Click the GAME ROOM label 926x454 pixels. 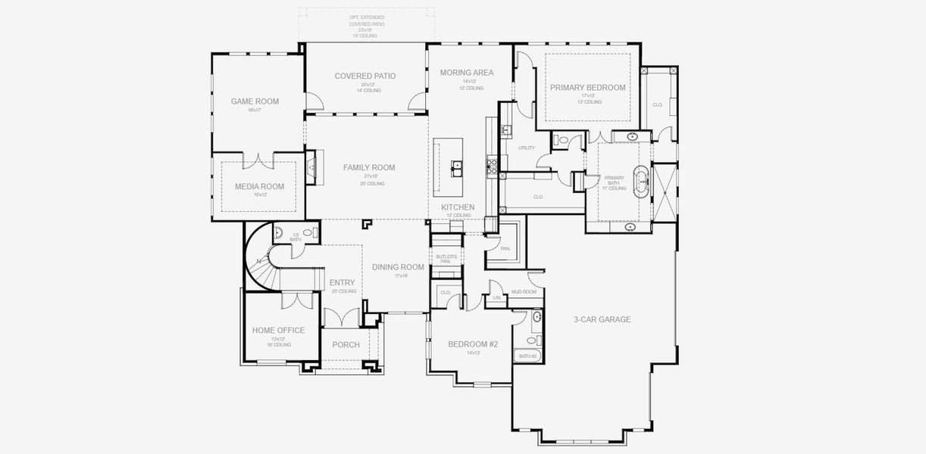coord(255,101)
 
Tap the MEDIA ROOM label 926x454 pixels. coord(259,186)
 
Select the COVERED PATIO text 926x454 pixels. coord(365,76)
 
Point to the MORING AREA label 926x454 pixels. coord(467,73)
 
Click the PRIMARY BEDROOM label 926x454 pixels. coord(588,88)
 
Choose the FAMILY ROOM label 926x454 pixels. coord(369,168)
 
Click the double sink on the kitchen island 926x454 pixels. coord(458,167)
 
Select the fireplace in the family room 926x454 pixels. coord(310,167)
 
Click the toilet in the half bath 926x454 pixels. coord(307,234)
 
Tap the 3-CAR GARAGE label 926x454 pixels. coord(602,319)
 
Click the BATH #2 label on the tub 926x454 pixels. coord(527,356)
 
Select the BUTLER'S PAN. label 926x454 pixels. coord(446,259)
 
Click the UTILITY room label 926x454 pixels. coord(526,148)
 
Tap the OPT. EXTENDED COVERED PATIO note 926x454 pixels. coord(366,24)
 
